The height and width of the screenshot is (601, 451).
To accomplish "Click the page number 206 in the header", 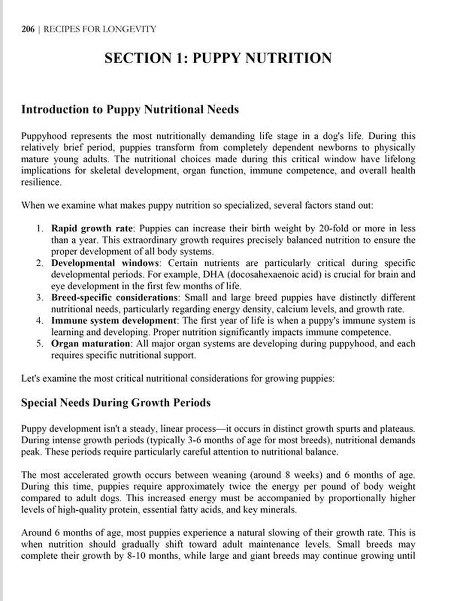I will (28, 29).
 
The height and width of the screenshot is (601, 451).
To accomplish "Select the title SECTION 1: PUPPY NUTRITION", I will (218, 59).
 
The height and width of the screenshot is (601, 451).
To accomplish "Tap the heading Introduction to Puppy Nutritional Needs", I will (130, 109).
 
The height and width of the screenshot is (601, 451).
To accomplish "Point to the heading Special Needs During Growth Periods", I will (116, 403).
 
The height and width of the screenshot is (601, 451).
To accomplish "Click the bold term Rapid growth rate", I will (92, 228).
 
